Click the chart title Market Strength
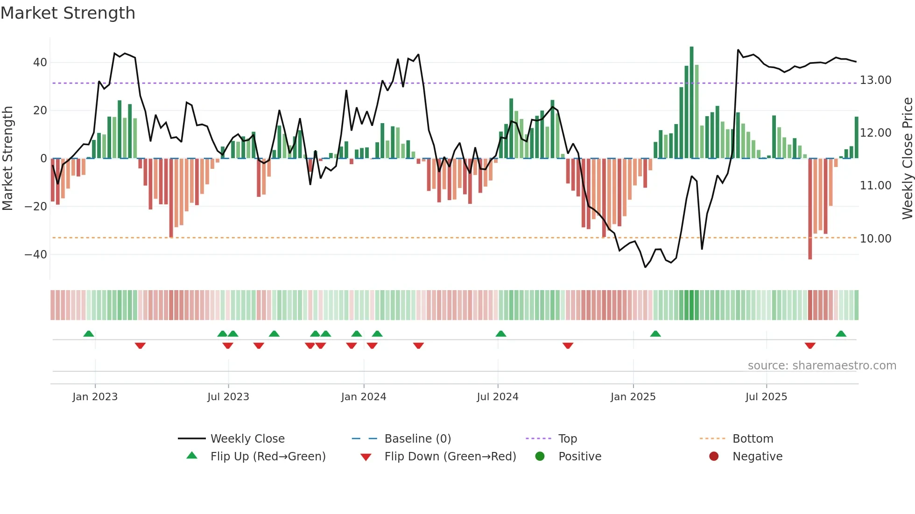(68, 13)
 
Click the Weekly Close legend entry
(247, 439)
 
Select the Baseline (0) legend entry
(417, 439)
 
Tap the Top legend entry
(567, 439)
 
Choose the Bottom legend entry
(753, 439)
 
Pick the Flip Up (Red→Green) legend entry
(267, 457)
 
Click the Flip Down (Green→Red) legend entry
(450, 457)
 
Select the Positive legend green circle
(540, 457)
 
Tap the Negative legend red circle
(714, 457)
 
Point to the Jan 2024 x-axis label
(364, 397)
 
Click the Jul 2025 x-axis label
(766, 397)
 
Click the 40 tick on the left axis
(40, 63)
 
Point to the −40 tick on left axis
(36, 255)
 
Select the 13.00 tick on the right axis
(875, 80)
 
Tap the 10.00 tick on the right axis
(875, 239)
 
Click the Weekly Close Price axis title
(907, 159)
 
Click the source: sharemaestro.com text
(822, 366)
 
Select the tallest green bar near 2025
(691, 103)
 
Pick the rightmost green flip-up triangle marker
(841, 334)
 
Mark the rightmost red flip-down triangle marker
(810, 346)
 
